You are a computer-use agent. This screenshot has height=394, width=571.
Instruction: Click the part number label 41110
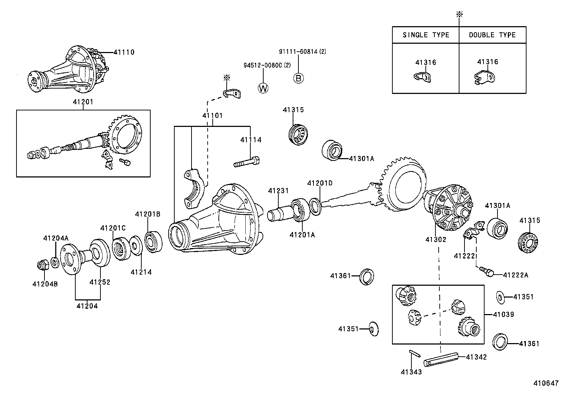click(x=124, y=52)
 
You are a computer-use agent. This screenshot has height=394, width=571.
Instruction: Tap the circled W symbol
click(x=263, y=88)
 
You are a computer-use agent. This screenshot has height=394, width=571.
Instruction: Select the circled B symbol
click(x=298, y=78)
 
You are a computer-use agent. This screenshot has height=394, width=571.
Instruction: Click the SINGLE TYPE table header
click(x=426, y=35)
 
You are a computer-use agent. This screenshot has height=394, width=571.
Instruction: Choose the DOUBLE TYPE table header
click(x=492, y=35)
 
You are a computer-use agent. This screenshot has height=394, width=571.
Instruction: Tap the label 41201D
click(x=320, y=183)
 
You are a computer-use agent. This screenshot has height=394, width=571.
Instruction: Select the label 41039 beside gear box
click(x=503, y=314)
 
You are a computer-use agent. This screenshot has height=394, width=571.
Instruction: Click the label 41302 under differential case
click(x=436, y=239)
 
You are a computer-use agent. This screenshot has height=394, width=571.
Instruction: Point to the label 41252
click(x=100, y=282)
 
